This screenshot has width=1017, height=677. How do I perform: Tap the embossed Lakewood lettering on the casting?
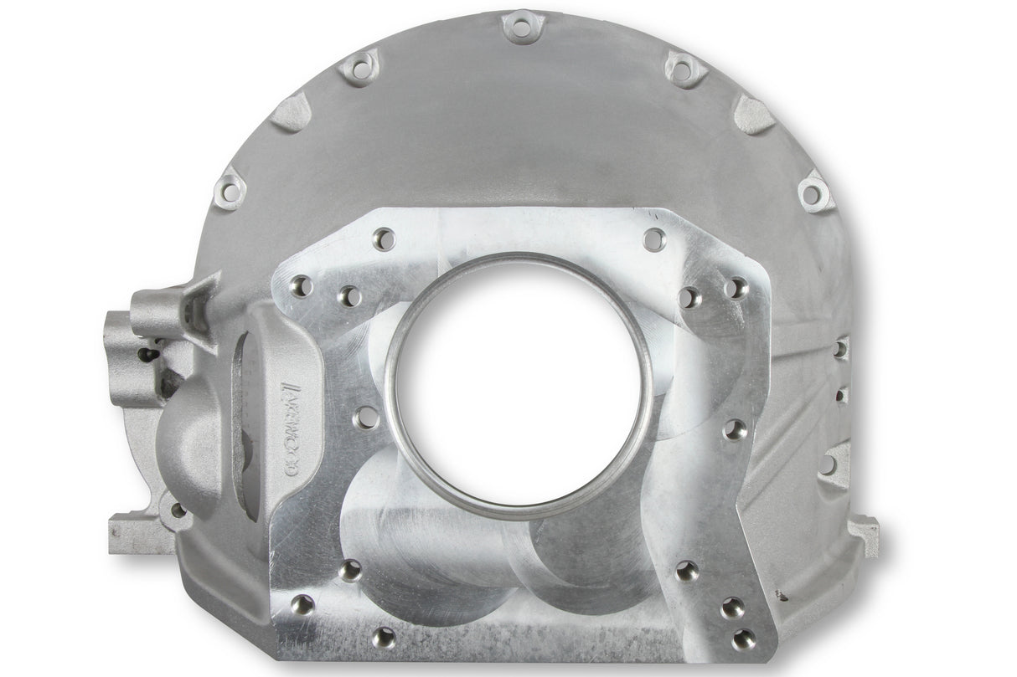click(x=294, y=419)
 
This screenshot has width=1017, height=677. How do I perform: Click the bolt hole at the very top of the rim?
click(x=521, y=28)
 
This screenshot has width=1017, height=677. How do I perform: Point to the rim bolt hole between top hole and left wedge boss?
click(x=361, y=67)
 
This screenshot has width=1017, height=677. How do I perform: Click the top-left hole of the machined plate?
click(x=383, y=238)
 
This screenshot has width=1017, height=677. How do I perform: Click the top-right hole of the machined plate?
click(x=654, y=238)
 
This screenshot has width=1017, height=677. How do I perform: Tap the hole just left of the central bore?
click(x=366, y=416)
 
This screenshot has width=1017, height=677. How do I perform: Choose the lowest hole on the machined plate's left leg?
click(x=383, y=637)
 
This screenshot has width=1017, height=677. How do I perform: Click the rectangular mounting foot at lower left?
click(x=134, y=532)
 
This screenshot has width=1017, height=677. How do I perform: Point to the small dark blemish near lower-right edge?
click(x=782, y=597)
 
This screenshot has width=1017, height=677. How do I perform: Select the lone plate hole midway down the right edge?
click(x=735, y=429)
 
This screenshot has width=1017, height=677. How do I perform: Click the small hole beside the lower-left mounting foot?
click(x=178, y=509)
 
